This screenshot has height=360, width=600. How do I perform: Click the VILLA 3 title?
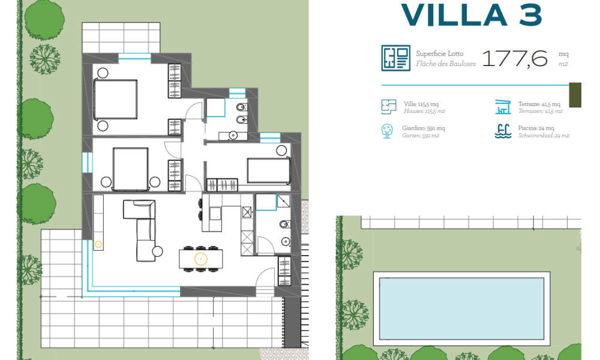coord(472,16)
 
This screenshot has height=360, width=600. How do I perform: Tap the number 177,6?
coord(515,59)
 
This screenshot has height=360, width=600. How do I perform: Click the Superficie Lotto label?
coord(440,53)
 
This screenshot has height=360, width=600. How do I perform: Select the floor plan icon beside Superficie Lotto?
coord(395,58)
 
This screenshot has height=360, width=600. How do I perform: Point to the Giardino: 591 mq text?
coord(423,128)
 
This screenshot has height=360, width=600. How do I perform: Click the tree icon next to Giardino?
coord(387,131)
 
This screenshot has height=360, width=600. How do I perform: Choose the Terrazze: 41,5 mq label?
coord(539,104)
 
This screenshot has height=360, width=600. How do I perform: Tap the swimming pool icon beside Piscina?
coord(503,131)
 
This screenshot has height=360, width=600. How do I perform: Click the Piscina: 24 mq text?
coord(536,128)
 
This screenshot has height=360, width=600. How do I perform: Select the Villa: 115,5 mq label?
coord(421,104)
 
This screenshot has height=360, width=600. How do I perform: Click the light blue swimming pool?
coord(461,308)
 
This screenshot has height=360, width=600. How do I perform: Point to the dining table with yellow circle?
coord(201,259)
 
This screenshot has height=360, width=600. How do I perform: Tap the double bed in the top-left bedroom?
coord(115,99)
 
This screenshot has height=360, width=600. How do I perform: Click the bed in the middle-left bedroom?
coord(130,169)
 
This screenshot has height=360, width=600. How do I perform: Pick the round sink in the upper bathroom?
coord(233,136)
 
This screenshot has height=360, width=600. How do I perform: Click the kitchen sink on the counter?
coord(215,214)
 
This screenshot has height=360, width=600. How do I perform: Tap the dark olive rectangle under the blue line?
coord(575,95)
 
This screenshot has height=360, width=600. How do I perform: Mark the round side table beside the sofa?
coord(158,251)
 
